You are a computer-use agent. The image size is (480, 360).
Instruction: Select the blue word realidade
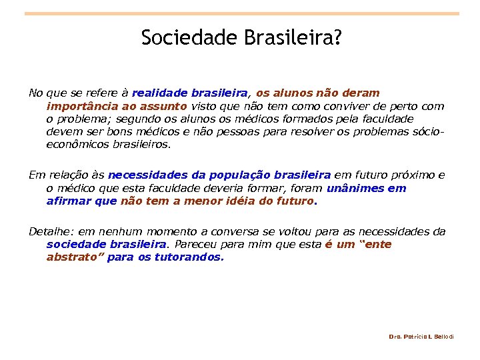160,93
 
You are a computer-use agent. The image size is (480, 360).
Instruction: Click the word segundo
128,118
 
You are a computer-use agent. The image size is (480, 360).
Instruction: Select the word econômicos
71,143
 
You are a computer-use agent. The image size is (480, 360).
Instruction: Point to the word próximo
412,175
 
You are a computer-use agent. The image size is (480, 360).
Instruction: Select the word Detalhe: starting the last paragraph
51,231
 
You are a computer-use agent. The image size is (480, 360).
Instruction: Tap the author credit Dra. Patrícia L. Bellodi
421,337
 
